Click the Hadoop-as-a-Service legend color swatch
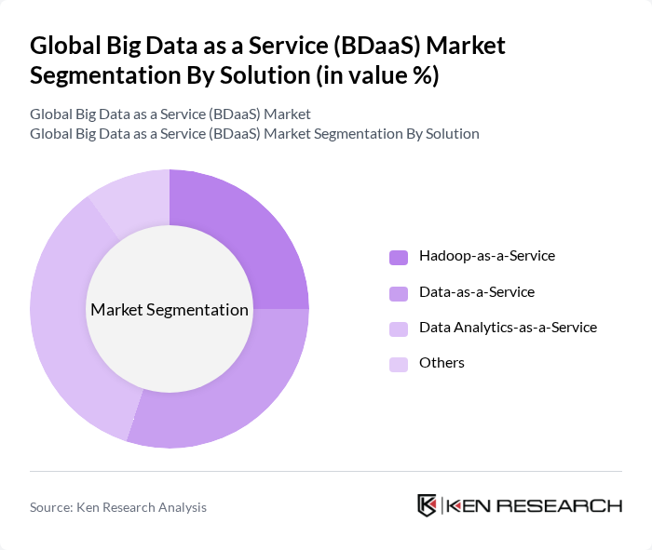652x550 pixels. click(399, 257)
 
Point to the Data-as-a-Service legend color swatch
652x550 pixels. click(399, 293)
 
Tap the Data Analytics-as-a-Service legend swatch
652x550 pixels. click(399, 329)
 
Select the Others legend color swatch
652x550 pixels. click(399, 364)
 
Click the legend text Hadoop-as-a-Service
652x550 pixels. click(487, 256)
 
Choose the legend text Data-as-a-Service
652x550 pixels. click(477, 292)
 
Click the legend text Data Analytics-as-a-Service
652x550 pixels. click(508, 328)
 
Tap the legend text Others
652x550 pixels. click(441, 363)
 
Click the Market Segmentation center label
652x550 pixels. click(170, 310)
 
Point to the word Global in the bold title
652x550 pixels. click(64, 46)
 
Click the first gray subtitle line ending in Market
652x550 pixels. click(170, 114)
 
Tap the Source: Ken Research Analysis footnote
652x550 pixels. click(118, 507)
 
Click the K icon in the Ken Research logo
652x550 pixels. click(428, 505)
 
